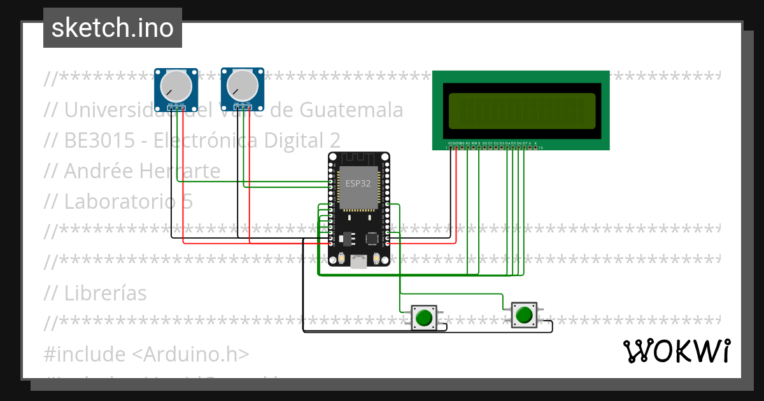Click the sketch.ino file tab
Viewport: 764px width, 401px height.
click(x=113, y=28)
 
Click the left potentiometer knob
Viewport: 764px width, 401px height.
click(x=175, y=84)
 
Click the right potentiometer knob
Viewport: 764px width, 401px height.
click(x=241, y=84)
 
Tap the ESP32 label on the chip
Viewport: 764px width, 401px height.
click(x=358, y=183)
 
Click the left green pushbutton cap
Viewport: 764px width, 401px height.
click(x=423, y=316)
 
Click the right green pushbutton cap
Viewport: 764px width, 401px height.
click(x=524, y=314)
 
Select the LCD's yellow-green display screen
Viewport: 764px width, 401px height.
click(x=521, y=110)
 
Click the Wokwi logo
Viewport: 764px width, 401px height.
click(x=676, y=351)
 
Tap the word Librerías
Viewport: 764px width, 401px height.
click(x=105, y=293)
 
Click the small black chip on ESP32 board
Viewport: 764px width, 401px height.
click(x=371, y=238)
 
